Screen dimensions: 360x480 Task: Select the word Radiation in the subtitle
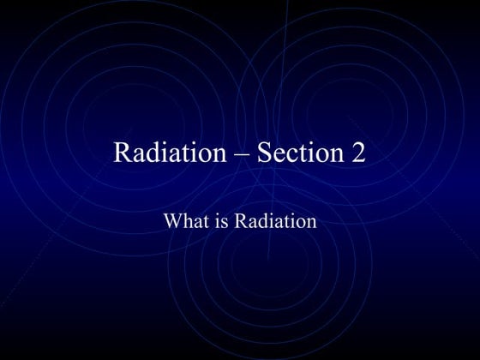pos(275,221)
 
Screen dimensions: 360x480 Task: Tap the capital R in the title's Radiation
pos(123,153)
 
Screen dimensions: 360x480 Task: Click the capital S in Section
pos(264,153)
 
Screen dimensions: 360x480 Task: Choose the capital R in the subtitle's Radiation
pos(241,221)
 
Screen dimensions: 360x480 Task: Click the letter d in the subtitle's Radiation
pos(262,221)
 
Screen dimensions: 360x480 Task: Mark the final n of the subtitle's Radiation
pos(312,223)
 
